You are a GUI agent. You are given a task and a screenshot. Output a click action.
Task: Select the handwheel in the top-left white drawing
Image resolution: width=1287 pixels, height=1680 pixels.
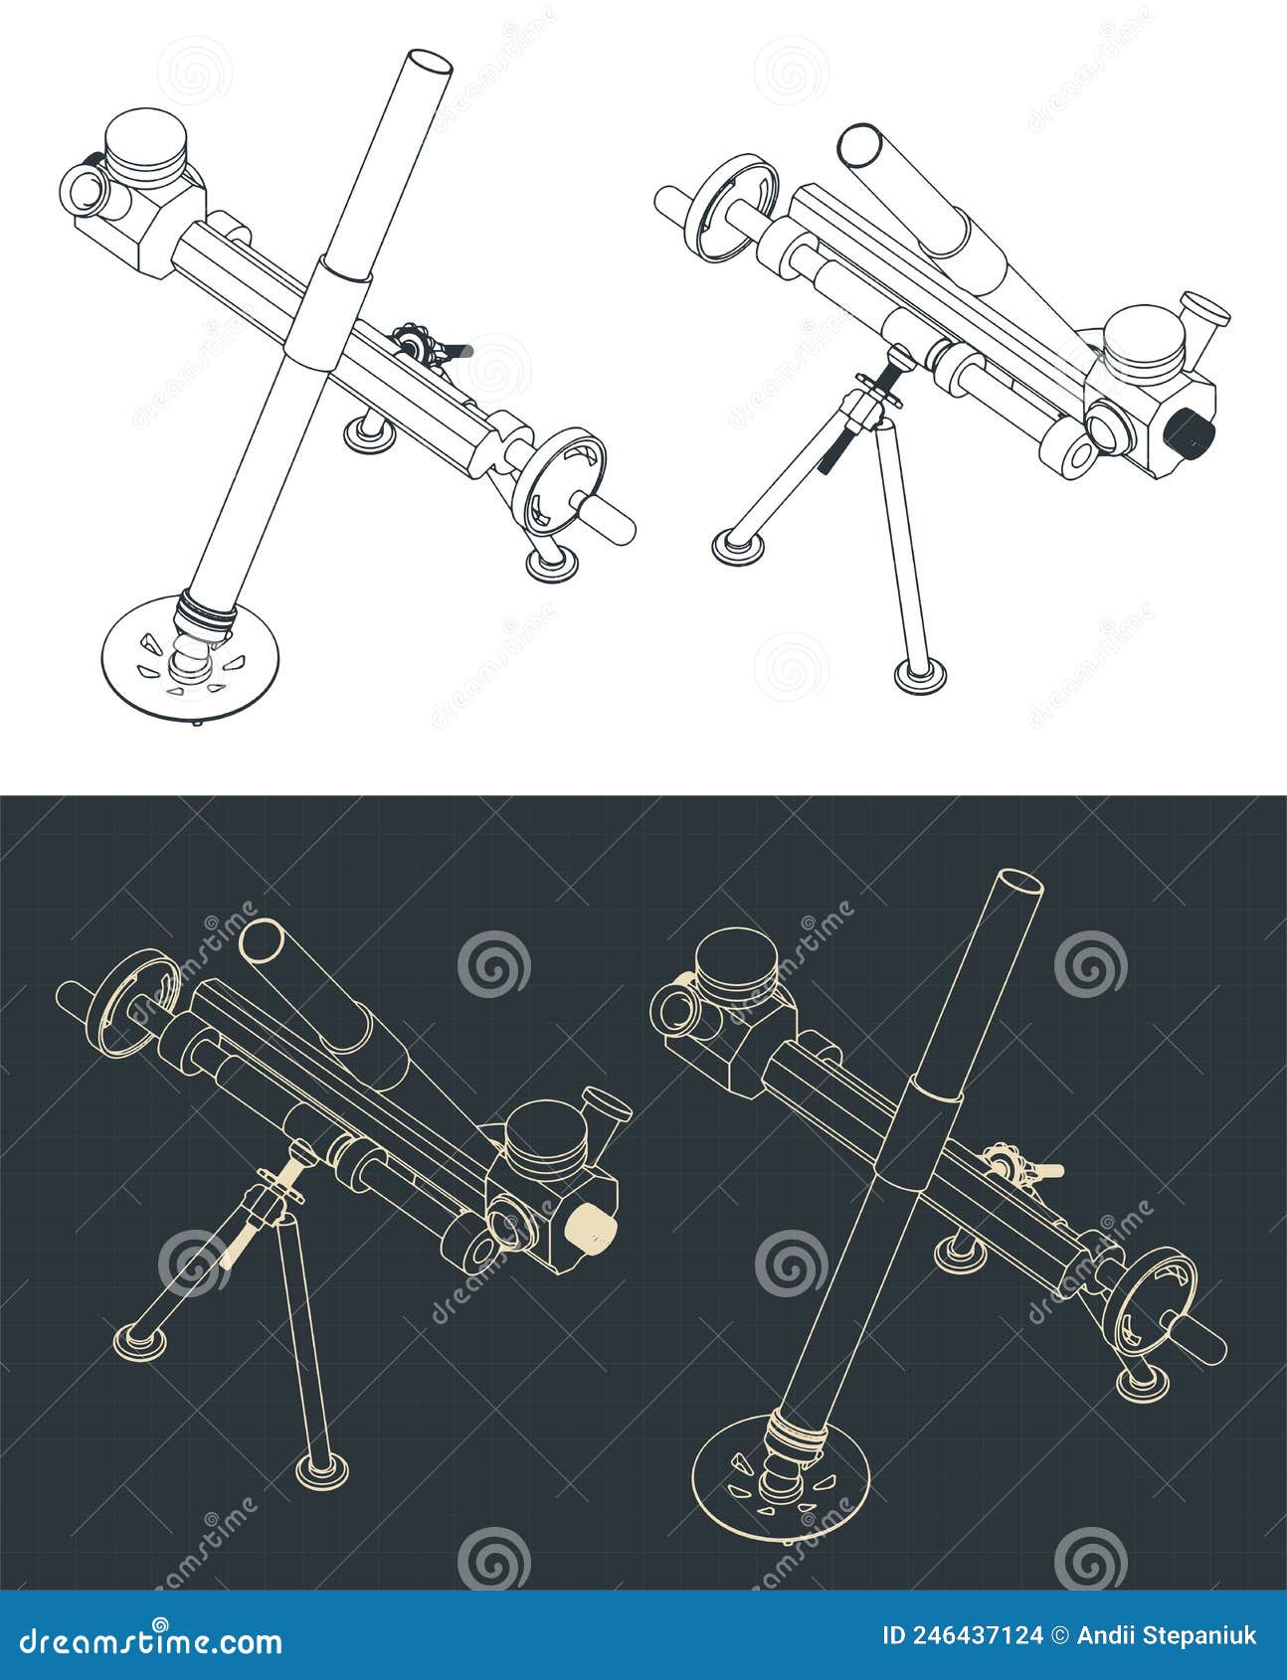click(562, 477)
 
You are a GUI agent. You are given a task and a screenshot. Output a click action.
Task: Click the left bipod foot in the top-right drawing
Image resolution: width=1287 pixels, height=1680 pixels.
click(738, 544)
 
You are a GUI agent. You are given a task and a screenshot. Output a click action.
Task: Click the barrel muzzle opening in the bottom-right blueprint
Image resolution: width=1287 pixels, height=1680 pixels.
click(1019, 882)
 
